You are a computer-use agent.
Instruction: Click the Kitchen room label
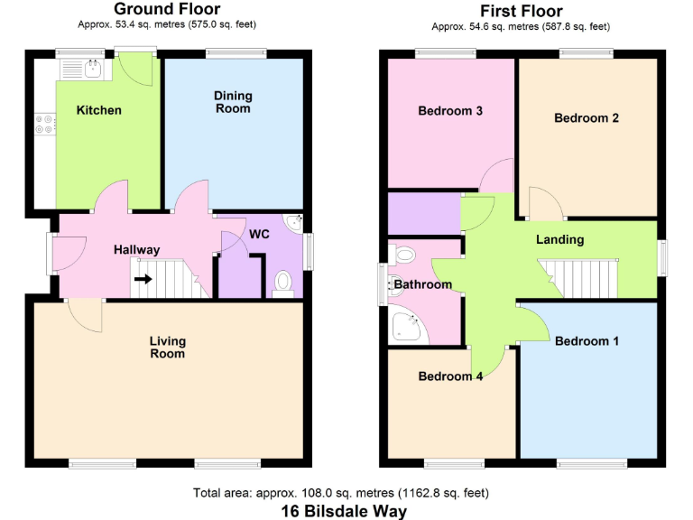pos(98,111)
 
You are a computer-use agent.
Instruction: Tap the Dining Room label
pos(233,102)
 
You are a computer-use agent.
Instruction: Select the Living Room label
pos(168,347)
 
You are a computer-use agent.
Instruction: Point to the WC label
pos(260,235)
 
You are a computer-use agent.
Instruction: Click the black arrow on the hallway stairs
pos(143,279)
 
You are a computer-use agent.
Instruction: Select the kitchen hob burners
pos(44,125)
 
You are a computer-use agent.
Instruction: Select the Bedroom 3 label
pos(450,111)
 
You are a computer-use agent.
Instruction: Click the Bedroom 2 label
pos(587,118)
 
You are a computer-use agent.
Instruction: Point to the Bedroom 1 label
pos(587,341)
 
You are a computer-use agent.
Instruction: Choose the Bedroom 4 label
pos(450,376)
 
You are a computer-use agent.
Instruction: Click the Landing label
pos(559,240)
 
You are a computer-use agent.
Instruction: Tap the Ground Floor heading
pos(167,10)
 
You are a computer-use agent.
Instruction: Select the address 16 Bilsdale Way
pos(344,510)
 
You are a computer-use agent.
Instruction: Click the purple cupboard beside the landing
pos(423,213)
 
